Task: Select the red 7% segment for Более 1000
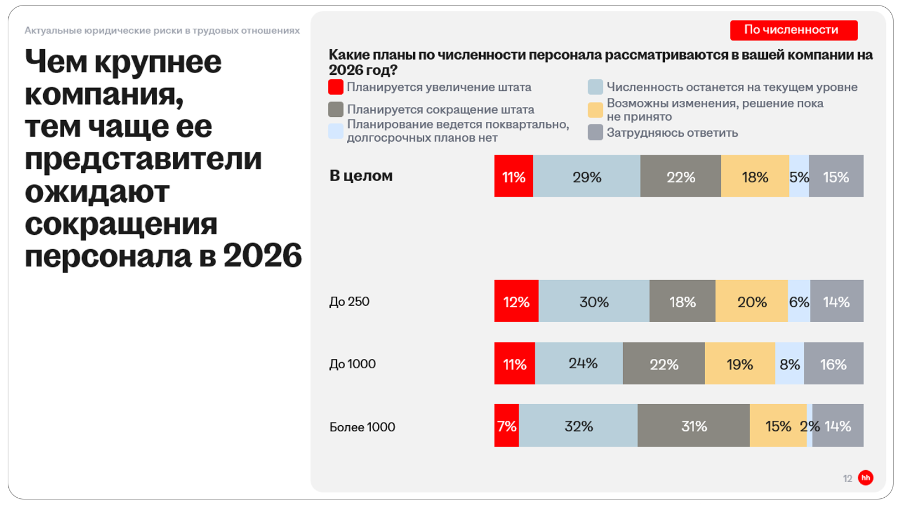(x=506, y=426)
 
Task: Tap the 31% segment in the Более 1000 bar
(x=694, y=426)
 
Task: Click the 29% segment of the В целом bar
(x=586, y=177)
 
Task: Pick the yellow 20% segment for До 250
(x=751, y=301)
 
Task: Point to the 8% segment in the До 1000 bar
(x=789, y=364)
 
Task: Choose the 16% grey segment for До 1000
(x=833, y=364)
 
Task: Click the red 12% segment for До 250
(x=516, y=301)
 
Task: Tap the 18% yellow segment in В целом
(x=755, y=177)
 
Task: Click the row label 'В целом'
(x=361, y=176)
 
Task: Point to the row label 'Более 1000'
(x=362, y=427)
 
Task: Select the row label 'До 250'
(x=349, y=301)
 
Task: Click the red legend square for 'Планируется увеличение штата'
(x=336, y=87)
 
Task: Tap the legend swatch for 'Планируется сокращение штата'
(x=336, y=109)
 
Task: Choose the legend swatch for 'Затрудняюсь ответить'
(x=595, y=132)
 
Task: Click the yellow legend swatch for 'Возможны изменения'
(x=595, y=110)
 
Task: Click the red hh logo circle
(x=865, y=477)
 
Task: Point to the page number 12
(x=847, y=478)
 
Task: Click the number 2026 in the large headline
(x=263, y=255)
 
